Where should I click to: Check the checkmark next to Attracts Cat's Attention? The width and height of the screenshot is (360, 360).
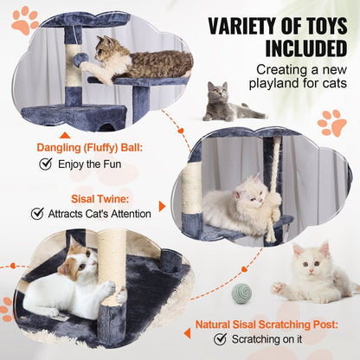pyautogui.click(x=37, y=212)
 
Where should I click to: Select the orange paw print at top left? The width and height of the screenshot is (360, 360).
pyautogui.click(x=24, y=19)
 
